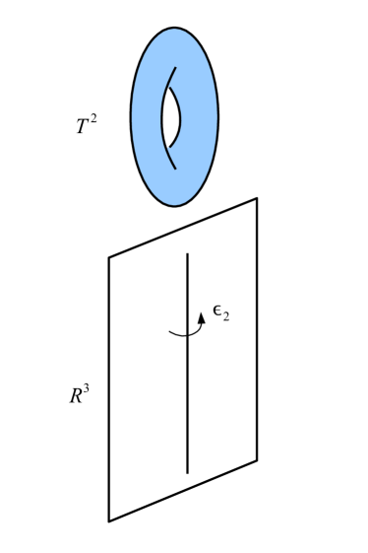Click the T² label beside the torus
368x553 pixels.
tap(87, 126)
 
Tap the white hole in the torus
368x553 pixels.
tap(170, 117)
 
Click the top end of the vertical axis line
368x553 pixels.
tap(188, 254)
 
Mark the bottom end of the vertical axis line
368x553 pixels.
tap(188, 472)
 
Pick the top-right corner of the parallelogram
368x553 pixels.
tap(257, 198)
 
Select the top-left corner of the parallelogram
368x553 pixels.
tap(109, 258)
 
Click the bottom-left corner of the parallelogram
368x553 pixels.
tap(109, 520)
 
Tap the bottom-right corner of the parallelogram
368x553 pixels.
tap(257, 460)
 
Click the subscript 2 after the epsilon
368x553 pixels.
tap(225, 318)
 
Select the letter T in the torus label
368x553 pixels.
tap(83, 127)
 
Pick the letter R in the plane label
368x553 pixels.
tap(76, 397)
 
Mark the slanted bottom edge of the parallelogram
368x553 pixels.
tap(183, 490)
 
